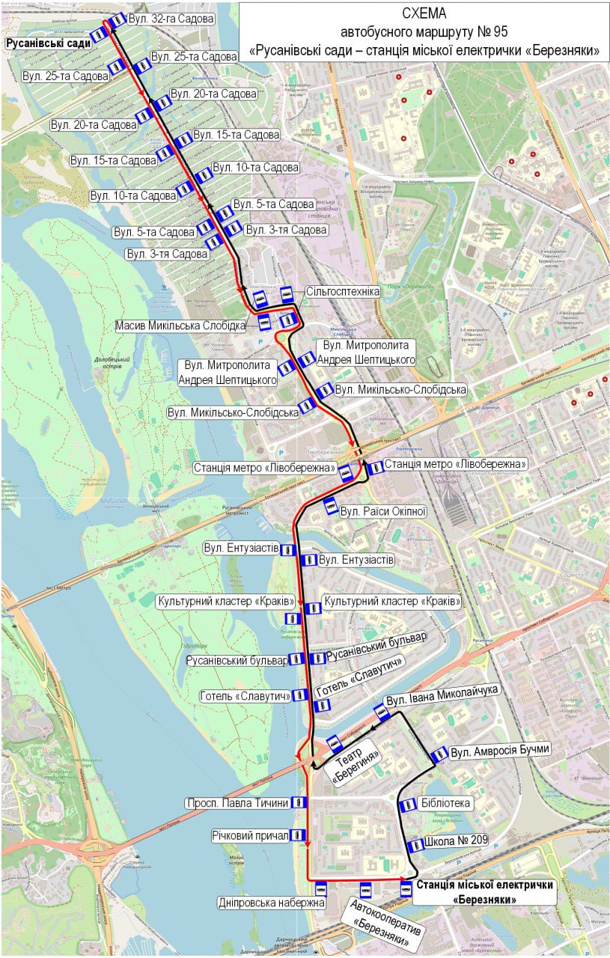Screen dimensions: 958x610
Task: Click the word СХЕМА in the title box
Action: click(424, 13)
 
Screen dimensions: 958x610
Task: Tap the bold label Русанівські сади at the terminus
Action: click(49, 43)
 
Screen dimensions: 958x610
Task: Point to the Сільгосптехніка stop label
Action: click(343, 291)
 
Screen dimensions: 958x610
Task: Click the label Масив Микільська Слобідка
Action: click(181, 326)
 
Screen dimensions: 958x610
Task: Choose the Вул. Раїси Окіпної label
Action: click(383, 512)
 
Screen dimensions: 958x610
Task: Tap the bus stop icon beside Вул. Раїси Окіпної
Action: click(330, 507)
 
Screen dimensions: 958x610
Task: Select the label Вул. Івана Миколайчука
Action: click(442, 691)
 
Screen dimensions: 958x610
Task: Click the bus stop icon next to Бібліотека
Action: click(407, 805)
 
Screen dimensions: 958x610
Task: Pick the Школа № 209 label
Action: click(455, 840)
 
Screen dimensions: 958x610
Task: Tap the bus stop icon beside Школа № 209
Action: click(415, 845)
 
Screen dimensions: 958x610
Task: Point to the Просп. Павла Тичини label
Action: click(237, 803)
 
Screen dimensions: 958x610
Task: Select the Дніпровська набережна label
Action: click(272, 903)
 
